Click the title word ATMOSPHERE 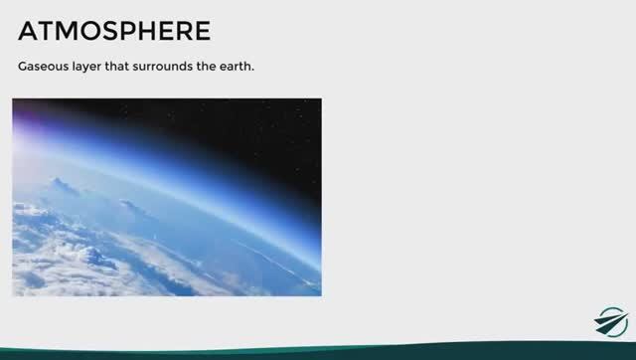coord(114,31)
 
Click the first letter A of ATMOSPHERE coord(29,31)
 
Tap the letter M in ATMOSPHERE coord(67,31)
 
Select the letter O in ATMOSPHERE coord(89,31)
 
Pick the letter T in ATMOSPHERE coord(47,31)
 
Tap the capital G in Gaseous coord(23,69)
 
